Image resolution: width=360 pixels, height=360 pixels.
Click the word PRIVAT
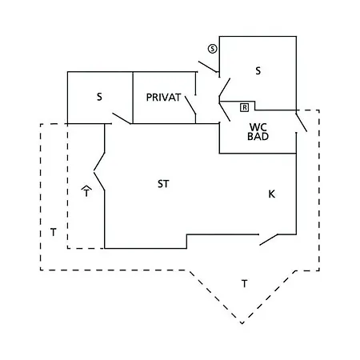(x=163, y=98)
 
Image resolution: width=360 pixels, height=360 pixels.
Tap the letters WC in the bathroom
(x=258, y=127)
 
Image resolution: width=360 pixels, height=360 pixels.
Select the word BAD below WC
(x=258, y=136)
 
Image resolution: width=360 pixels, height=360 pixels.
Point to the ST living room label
(x=163, y=184)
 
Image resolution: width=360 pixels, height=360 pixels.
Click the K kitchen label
(x=271, y=194)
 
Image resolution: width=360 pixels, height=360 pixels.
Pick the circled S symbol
(x=213, y=49)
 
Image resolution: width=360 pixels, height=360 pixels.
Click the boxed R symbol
(x=244, y=107)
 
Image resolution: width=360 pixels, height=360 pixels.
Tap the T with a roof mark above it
(x=86, y=191)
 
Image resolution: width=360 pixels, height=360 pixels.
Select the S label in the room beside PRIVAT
(x=99, y=97)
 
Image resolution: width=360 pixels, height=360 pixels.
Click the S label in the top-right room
(x=258, y=71)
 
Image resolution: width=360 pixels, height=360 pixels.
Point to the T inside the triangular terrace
(x=244, y=283)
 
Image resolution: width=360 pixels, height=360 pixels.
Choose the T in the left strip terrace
(x=54, y=232)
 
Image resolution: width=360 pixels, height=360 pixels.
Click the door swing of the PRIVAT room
(x=190, y=106)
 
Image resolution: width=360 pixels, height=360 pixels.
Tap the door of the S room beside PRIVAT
(x=122, y=118)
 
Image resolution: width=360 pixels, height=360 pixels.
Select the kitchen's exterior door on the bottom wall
(x=269, y=240)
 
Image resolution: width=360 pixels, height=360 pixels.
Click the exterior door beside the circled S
(x=208, y=66)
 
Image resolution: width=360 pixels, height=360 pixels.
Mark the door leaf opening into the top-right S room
(x=225, y=87)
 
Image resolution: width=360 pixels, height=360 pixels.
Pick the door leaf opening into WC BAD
(x=225, y=112)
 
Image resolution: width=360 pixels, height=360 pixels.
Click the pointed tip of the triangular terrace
(x=242, y=323)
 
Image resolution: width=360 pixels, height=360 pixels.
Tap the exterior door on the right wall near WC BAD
(x=302, y=122)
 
